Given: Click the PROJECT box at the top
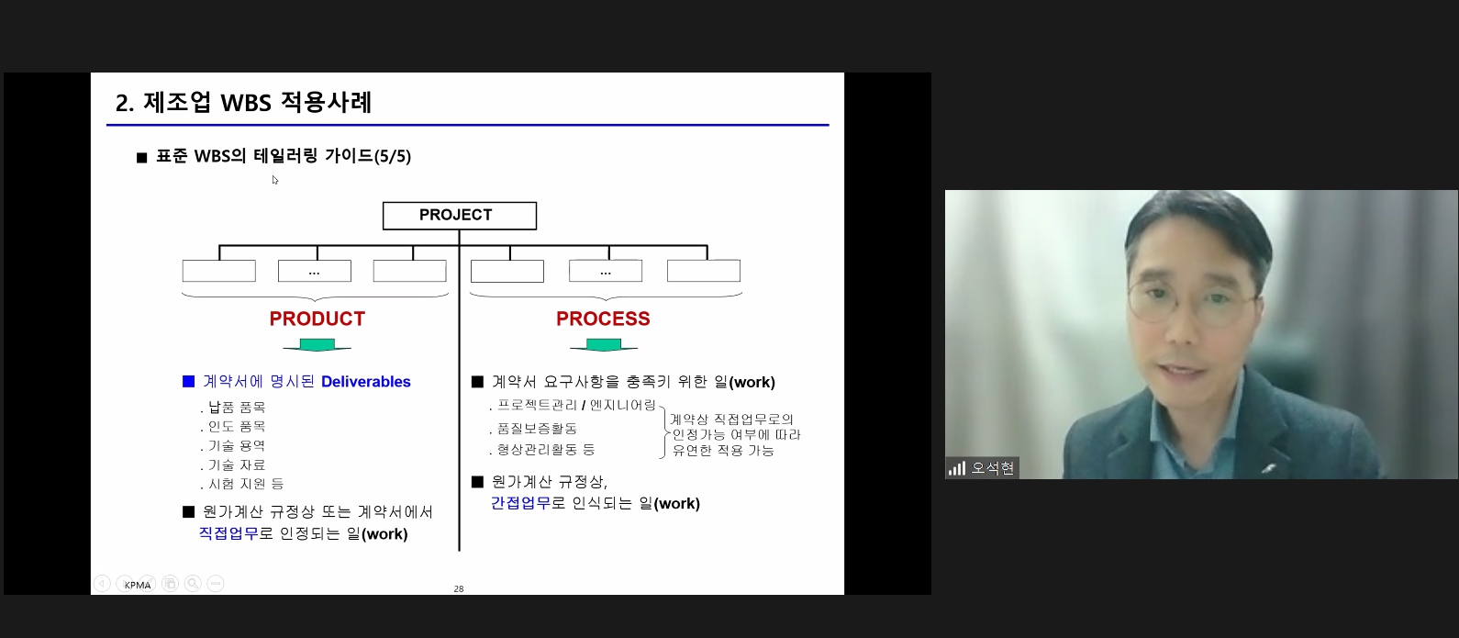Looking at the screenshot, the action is [459, 216].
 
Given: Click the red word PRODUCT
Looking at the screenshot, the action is [317, 319].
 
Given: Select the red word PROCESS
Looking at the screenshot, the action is [603, 319].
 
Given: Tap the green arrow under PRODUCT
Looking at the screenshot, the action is [317, 345].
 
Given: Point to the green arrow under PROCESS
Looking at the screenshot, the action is [604, 345].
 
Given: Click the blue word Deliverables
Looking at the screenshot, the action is [366, 382].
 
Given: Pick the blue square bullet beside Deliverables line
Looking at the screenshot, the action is [188, 381].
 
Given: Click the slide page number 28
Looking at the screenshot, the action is [459, 588].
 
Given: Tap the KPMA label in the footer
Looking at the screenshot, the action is [138, 585].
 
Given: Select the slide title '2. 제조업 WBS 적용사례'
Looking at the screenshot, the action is [243, 102].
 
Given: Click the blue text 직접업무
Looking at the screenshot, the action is [228, 533].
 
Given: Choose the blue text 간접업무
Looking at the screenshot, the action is [520, 503].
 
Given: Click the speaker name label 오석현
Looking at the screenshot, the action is [992, 468].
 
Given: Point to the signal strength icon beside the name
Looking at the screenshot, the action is [957, 468].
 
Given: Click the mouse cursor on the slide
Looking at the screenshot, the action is [275, 180].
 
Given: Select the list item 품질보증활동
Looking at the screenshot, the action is [538, 428].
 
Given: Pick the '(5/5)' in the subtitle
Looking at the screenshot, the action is [392, 156].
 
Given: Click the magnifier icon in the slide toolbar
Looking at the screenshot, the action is [193, 583].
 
